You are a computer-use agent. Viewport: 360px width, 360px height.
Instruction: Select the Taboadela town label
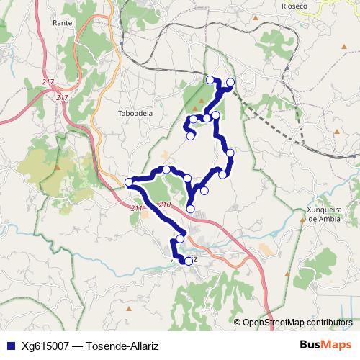click(134, 113)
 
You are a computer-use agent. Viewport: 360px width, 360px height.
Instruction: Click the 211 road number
click(138, 209)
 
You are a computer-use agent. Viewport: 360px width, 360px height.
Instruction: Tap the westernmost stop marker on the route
click(130, 181)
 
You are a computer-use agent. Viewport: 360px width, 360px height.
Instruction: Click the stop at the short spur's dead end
click(191, 135)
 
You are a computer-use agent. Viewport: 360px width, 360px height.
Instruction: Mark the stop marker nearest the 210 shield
click(190, 209)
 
